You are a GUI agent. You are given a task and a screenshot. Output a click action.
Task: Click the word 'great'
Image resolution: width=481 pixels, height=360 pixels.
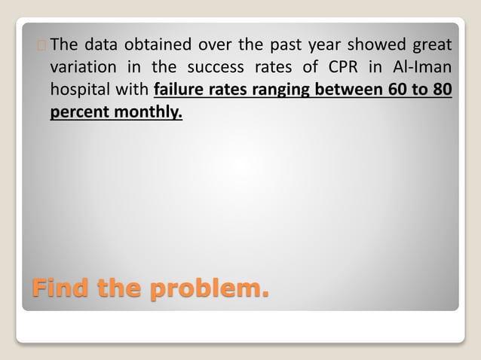pyautogui.click(x=432, y=45)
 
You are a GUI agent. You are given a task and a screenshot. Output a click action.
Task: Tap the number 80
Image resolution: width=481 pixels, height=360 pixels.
pyautogui.click(x=442, y=90)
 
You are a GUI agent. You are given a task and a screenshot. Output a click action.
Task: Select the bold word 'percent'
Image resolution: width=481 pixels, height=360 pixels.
pyautogui.click(x=77, y=113)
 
